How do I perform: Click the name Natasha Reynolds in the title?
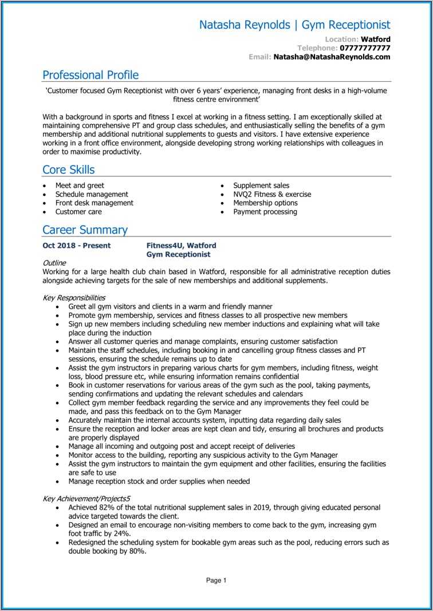click(245, 25)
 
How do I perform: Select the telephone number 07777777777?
click(365, 48)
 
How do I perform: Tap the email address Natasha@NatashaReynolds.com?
click(332, 57)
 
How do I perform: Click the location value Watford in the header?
click(376, 39)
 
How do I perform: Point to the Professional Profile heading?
click(90, 75)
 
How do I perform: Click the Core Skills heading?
click(69, 169)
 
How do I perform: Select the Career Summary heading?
click(85, 230)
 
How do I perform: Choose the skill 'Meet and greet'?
click(80, 186)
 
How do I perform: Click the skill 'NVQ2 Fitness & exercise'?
click(272, 194)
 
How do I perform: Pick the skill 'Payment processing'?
click(265, 212)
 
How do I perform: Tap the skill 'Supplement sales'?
click(261, 186)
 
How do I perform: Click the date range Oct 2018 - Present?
click(77, 246)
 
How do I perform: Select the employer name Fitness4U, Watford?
click(181, 246)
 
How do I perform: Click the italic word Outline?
click(54, 263)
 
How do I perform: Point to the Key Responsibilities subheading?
click(74, 298)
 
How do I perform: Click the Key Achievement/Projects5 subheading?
click(86, 499)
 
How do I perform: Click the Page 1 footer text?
click(216, 580)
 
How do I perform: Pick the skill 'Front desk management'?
click(94, 203)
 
